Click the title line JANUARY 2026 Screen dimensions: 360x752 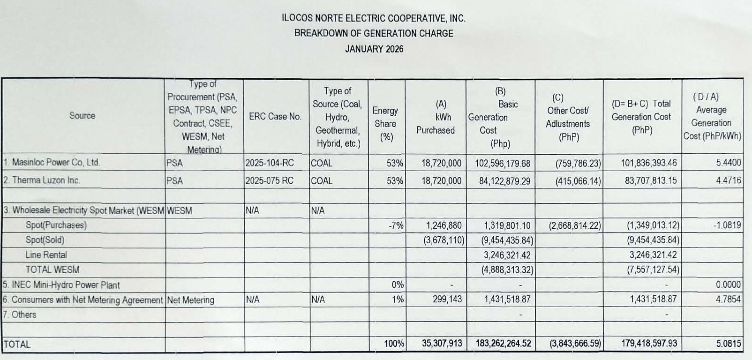pos(374,49)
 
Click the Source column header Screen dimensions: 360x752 pos(82,116)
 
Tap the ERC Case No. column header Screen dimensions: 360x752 pos(275,117)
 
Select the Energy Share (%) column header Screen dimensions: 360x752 pos(385,124)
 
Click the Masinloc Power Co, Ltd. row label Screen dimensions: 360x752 pos(52,163)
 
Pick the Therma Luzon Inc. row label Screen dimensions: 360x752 pos(42,180)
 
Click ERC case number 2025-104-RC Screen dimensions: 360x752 pos(269,163)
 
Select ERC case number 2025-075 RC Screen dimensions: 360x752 pos(269,180)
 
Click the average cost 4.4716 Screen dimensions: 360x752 pos(728,180)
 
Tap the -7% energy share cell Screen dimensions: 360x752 pos(396,225)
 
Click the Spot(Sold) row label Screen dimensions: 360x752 pos(45,240)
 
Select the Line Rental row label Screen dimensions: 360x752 pos(46,255)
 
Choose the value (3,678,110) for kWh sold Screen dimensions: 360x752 pos(444,240)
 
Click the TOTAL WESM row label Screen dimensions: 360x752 pos(53,270)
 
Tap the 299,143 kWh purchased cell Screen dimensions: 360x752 pos(447,299)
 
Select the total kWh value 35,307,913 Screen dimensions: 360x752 pos(442,344)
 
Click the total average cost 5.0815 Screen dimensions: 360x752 pos(728,344)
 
